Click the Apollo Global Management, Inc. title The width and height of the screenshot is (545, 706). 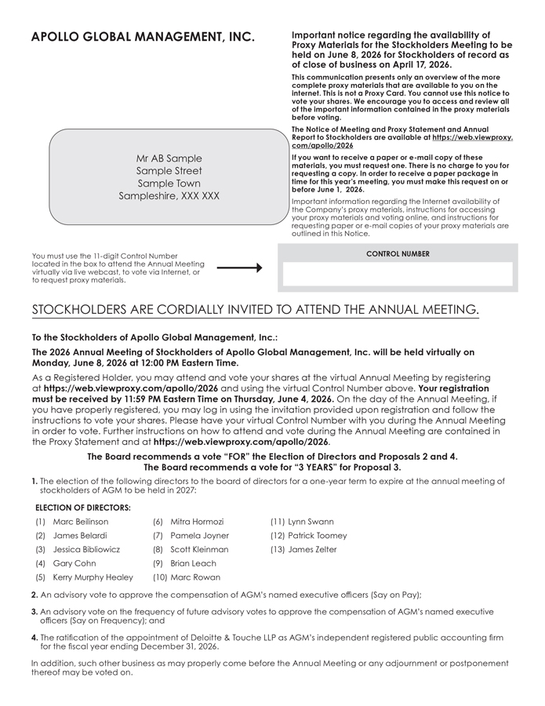pyautogui.click(x=143, y=38)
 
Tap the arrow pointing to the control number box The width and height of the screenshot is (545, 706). pyautogui.click(x=239, y=268)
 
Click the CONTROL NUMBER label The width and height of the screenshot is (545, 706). pyautogui.click(x=398, y=254)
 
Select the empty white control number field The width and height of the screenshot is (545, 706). pyautogui.click(x=398, y=275)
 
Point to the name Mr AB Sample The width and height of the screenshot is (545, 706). pyautogui.click(x=169, y=158)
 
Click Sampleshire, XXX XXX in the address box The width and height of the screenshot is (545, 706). pyautogui.click(x=169, y=196)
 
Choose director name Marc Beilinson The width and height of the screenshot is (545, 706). pyautogui.click(x=81, y=522)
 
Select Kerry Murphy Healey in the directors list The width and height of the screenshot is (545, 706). pyautogui.click(x=93, y=577)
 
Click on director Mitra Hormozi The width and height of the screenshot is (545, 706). pyautogui.click(x=197, y=522)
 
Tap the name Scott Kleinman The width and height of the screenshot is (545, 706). pyautogui.click(x=199, y=549)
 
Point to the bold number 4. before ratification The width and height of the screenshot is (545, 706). pyautogui.click(x=35, y=638)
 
